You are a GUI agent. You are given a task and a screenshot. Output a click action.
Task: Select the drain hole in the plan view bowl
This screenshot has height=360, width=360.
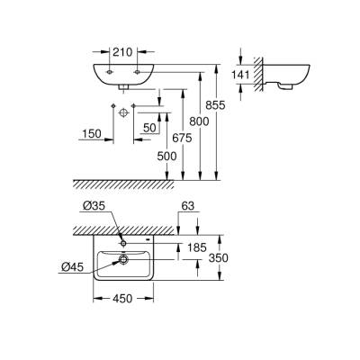120,261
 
